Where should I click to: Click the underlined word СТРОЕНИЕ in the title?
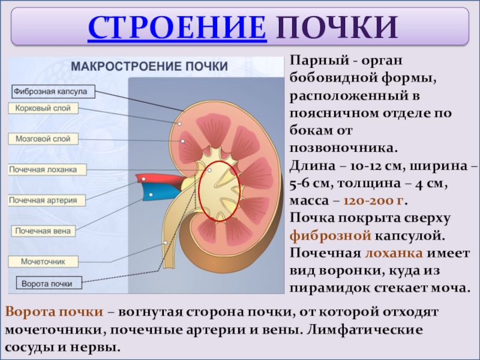(x=177, y=28)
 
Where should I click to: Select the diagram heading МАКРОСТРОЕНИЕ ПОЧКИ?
(x=150, y=67)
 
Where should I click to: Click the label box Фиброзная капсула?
(x=52, y=92)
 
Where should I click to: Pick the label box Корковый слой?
(x=43, y=109)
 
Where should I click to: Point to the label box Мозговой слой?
(x=44, y=139)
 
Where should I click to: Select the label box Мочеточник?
(x=43, y=262)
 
